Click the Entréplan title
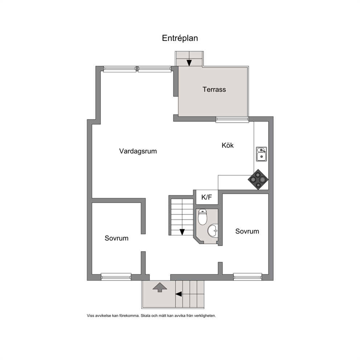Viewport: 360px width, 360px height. click(x=180, y=38)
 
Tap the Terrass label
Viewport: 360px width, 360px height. click(x=214, y=89)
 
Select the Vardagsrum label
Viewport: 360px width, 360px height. click(x=138, y=151)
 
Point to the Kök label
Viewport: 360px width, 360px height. click(x=228, y=145)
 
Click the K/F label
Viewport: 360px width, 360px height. click(x=206, y=197)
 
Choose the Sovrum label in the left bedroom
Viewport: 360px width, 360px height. click(x=116, y=238)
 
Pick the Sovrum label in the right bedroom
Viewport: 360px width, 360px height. click(x=247, y=231)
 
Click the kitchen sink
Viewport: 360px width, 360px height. click(x=261, y=154)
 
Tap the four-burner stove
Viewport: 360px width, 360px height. click(x=258, y=179)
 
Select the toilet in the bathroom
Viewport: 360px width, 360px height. click(x=202, y=217)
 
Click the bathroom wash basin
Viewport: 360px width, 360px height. click(x=213, y=230)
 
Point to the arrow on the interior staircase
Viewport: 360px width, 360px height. click(x=182, y=232)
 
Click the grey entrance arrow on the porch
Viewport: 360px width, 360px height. click(x=160, y=287)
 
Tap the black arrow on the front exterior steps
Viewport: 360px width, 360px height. click(x=179, y=294)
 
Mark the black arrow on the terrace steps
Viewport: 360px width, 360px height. click(x=189, y=63)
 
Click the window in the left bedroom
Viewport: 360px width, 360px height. click(x=116, y=277)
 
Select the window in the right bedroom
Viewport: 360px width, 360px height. click(x=247, y=277)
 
